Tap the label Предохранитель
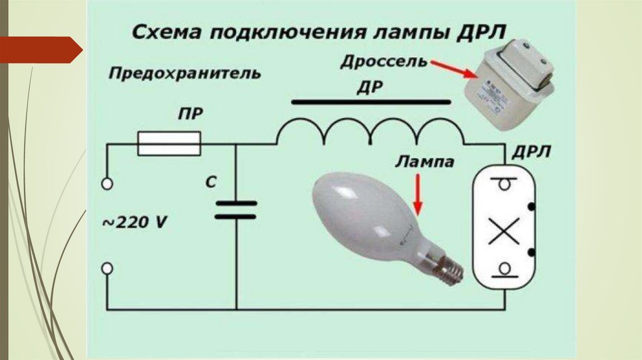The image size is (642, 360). point(184,74)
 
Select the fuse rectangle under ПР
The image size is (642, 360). point(169,144)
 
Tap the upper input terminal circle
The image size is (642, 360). point(107,184)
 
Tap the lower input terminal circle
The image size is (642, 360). point(107,268)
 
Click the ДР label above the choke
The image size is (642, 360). point(369,87)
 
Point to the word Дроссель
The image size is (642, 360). point(384,63)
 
